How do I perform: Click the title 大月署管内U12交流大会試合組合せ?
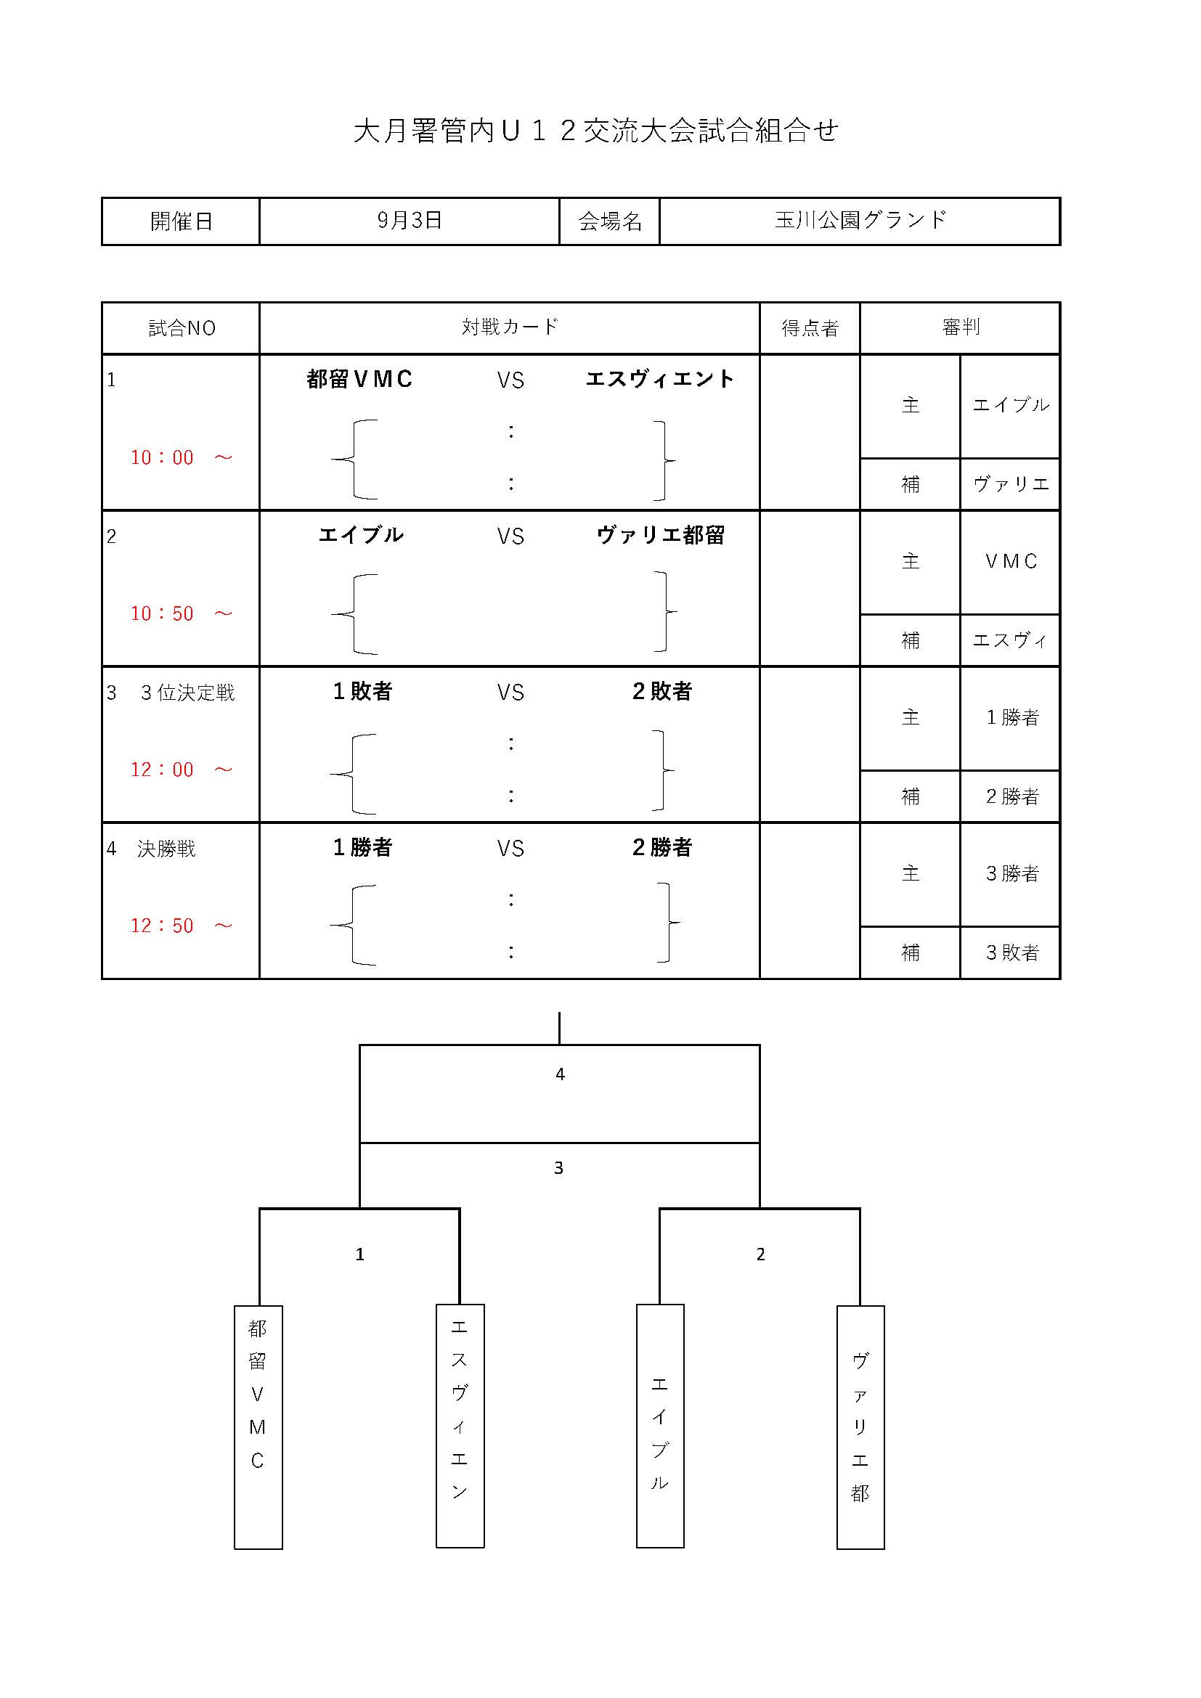(x=596, y=131)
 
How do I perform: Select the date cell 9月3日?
(x=410, y=220)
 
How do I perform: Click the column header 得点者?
(x=810, y=327)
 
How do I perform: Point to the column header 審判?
(x=961, y=327)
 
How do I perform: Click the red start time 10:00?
(x=162, y=458)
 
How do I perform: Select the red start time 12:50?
(x=162, y=926)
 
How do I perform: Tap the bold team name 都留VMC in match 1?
(x=360, y=380)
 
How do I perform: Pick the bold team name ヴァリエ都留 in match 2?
(x=660, y=536)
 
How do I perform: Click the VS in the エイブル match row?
(x=510, y=536)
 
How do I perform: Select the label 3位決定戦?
(x=188, y=693)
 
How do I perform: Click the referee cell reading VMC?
(x=1011, y=562)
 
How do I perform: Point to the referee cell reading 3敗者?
(x=1012, y=952)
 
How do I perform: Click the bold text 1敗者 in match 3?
(x=362, y=692)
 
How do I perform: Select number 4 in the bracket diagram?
(x=560, y=1074)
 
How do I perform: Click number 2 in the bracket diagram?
(x=760, y=1254)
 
